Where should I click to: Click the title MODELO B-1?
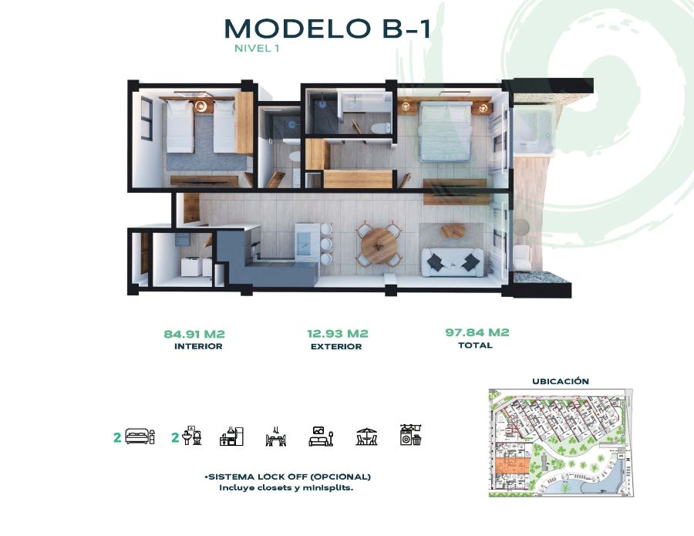tap(328, 29)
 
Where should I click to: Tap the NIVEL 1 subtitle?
tap(257, 49)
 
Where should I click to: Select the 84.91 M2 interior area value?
tap(194, 334)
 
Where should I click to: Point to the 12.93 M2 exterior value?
tap(338, 333)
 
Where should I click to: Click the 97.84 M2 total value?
tap(477, 332)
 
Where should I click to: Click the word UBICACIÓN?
tap(561, 381)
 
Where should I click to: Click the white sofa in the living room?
tap(453, 262)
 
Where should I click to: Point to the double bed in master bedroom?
tap(446, 131)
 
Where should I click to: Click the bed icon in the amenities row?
tap(140, 437)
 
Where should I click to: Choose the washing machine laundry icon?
tap(410, 435)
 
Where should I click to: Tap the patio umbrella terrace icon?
tap(366, 436)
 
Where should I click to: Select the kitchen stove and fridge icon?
tap(231, 436)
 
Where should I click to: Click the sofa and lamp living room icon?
tap(321, 436)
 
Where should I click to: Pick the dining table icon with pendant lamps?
tap(276, 436)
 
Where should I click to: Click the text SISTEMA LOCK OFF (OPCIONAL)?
tap(288, 477)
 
